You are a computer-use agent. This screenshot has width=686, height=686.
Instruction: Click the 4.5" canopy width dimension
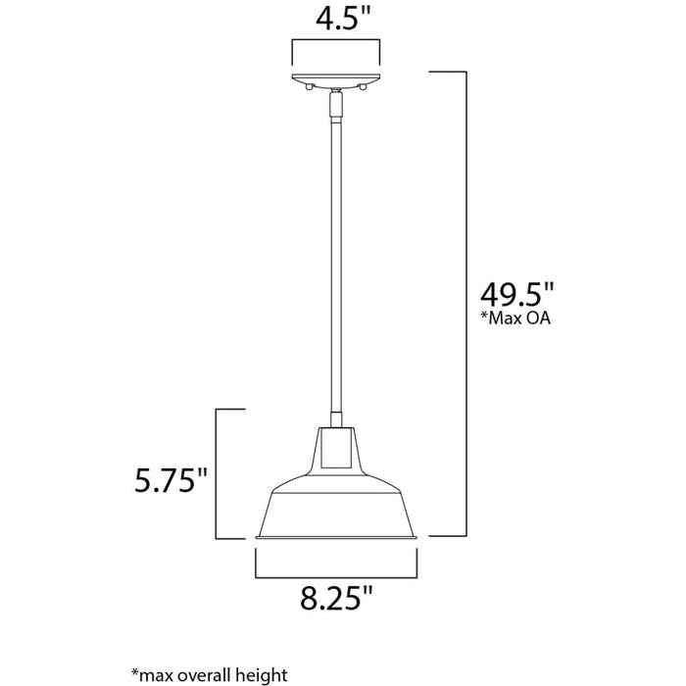click(338, 20)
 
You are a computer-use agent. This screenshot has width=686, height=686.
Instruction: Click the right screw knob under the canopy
click(364, 88)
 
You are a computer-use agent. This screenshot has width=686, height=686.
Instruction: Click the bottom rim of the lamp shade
click(338, 537)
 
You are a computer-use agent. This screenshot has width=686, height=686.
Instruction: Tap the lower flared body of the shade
click(338, 505)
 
